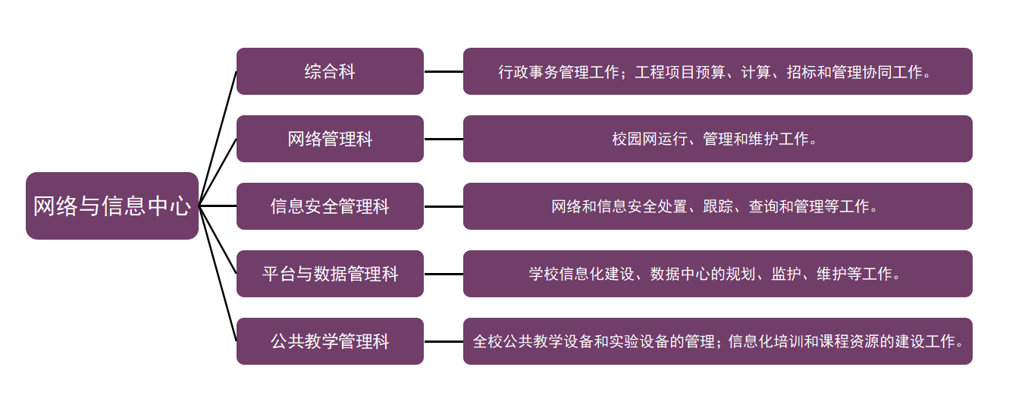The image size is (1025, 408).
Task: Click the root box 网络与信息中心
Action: click(x=112, y=206)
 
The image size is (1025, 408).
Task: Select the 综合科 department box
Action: click(x=330, y=71)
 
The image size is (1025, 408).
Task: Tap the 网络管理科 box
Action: click(x=330, y=139)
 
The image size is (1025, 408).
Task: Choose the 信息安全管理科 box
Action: click(x=330, y=206)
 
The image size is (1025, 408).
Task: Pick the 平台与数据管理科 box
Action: click(x=330, y=274)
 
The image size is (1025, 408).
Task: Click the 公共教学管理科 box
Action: click(x=330, y=341)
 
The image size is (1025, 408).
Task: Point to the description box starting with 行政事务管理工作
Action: click(x=717, y=71)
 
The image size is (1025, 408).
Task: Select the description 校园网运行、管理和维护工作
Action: click(x=717, y=139)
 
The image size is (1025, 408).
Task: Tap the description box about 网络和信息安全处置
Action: click(x=717, y=206)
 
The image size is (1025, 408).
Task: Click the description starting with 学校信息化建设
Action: click(x=717, y=274)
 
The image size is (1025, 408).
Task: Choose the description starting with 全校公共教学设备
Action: click(x=717, y=341)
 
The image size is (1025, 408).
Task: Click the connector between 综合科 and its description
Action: click(x=444, y=71)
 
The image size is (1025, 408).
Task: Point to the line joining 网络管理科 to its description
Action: click(x=444, y=139)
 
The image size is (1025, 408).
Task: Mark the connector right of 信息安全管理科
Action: click(x=444, y=206)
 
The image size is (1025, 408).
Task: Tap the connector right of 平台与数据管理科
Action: click(x=444, y=274)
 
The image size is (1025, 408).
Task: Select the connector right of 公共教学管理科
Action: click(x=444, y=341)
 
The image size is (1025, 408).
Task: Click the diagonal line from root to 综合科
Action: click(x=218, y=139)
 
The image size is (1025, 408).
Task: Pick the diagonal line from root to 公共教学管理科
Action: click(x=218, y=273)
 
